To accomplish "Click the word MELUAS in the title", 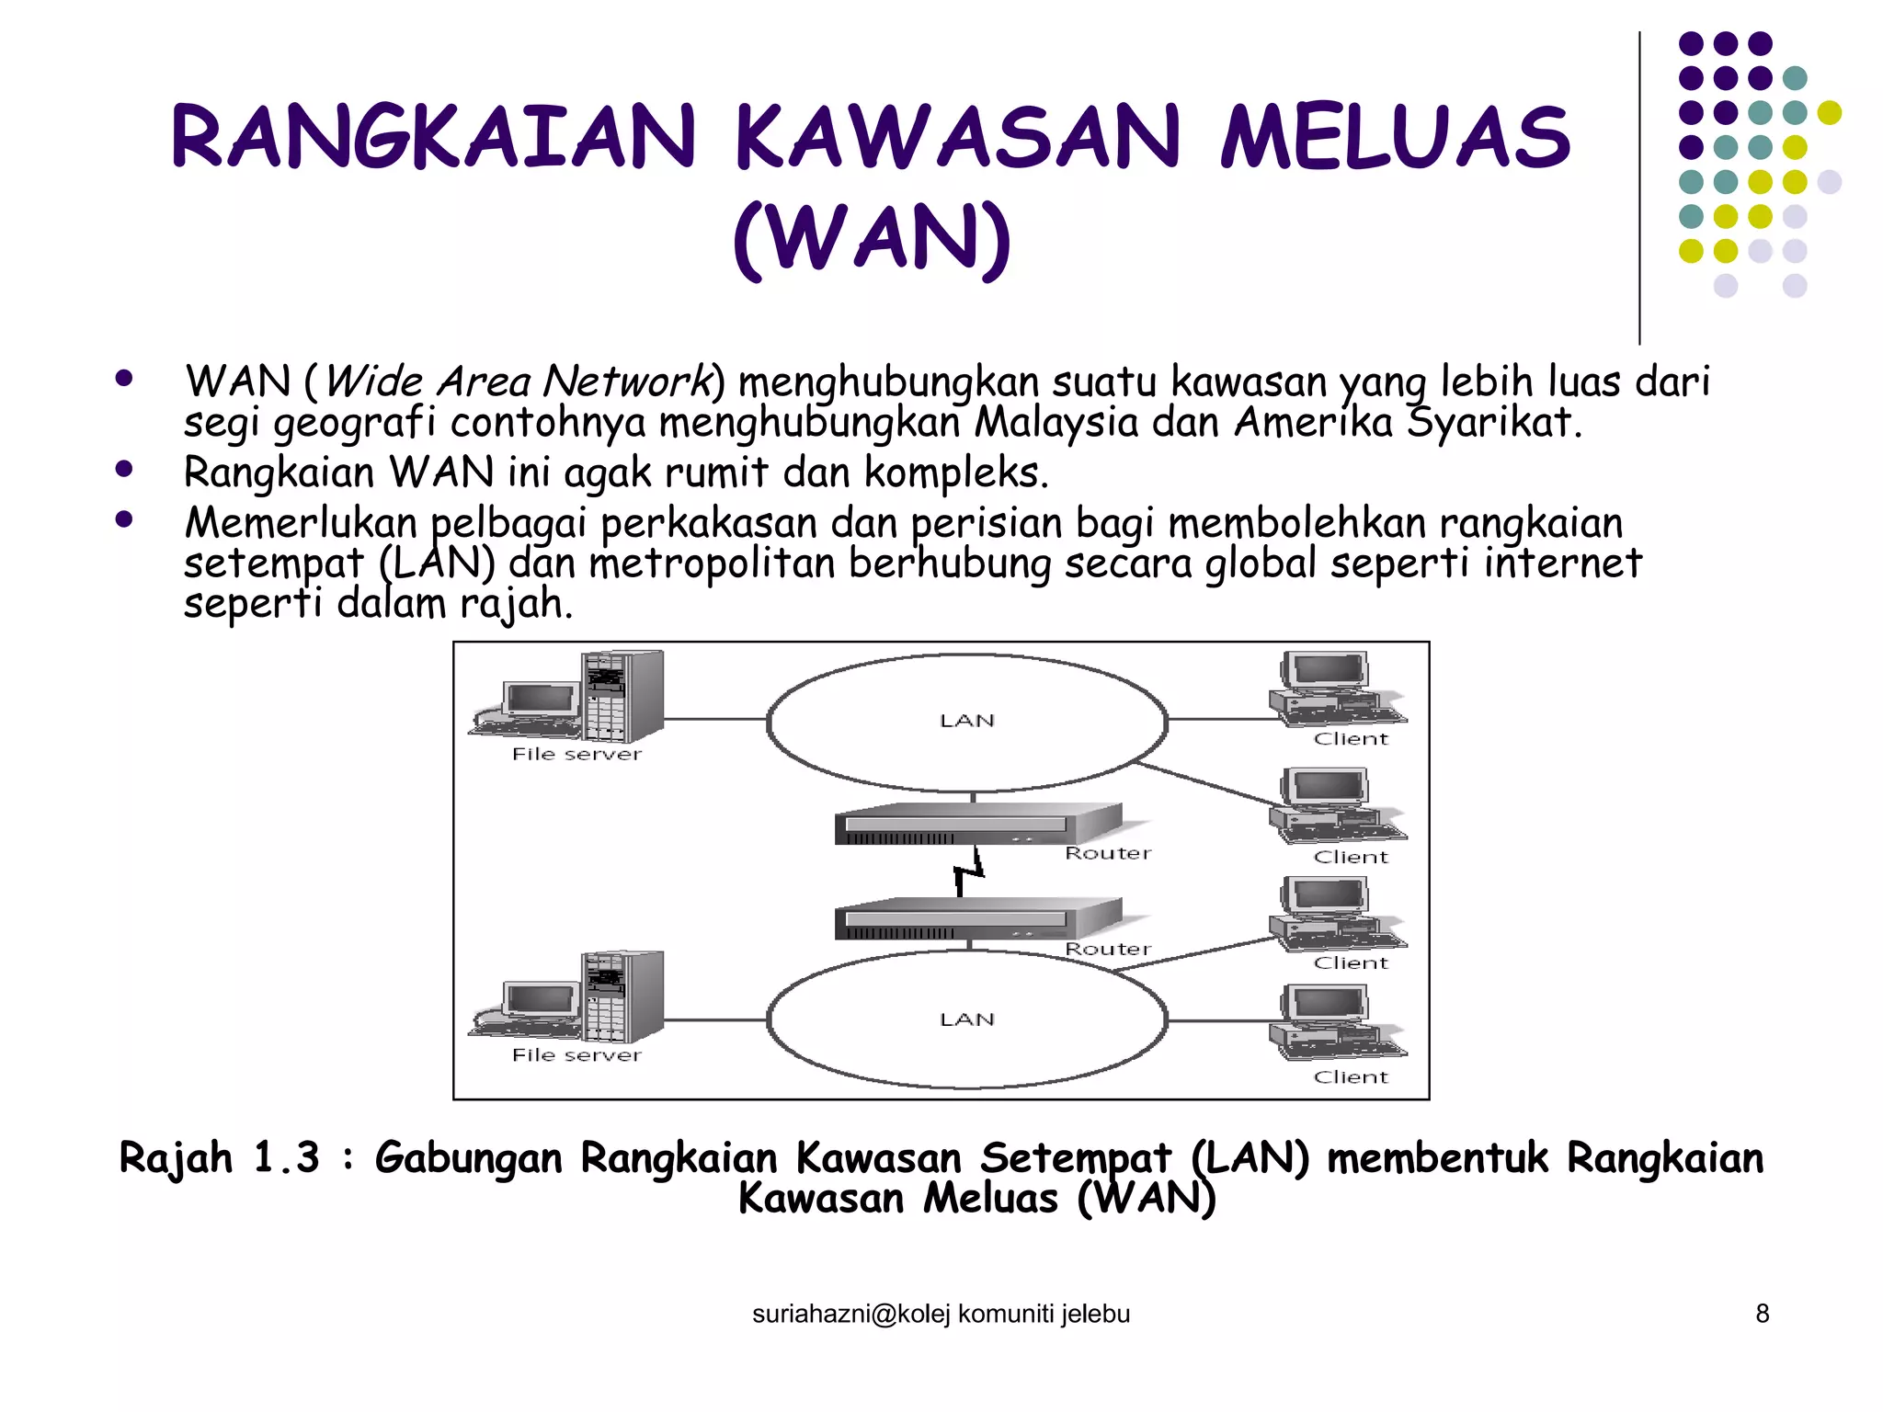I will pyautogui.click(x=1396, y=138).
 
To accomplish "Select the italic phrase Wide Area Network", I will pyautogui.click(x=518, y=381).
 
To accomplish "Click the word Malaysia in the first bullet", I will pyautogui.click(x=1056, y=423).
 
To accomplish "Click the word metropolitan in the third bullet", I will pyautogui.click(x=712, y=564).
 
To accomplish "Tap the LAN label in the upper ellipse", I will pyautogui.click(x=967, y=721).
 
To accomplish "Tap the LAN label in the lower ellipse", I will pyautogui.click(x=967, y=1019).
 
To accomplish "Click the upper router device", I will pyautogui.click(x=977, y=823).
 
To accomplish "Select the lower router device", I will pyautogui.click(x=977, y=918).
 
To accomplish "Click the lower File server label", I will pyautogui.click(x=576, y=1055).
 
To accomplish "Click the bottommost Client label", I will pyautogui.click(x=1351, y=1077).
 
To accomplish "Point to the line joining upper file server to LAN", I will pyautogui.click(x=715, y=719).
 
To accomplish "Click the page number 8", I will pyautogui.click(x=1762, y=1314).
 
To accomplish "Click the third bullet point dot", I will pyautogui.click(x=124, y=519).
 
